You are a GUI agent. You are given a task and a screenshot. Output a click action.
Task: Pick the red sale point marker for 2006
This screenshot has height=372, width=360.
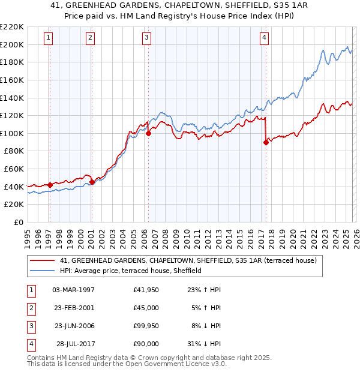(x=148, y=134)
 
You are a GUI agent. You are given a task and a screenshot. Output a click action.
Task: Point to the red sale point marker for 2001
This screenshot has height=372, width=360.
(x=92, y=182)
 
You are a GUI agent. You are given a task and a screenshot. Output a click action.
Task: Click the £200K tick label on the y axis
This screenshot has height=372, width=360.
(x=12, y=44)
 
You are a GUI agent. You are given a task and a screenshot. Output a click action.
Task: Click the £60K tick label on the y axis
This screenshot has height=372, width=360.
(x=14, y=169)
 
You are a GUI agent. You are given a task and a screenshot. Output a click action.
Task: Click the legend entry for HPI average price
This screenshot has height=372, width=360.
(x=130, y=271)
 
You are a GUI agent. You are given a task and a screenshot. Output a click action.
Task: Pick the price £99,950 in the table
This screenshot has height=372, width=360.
(x=146, y=326)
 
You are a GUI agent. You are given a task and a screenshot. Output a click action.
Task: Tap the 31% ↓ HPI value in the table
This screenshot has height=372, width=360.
(x=203, y=344)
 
